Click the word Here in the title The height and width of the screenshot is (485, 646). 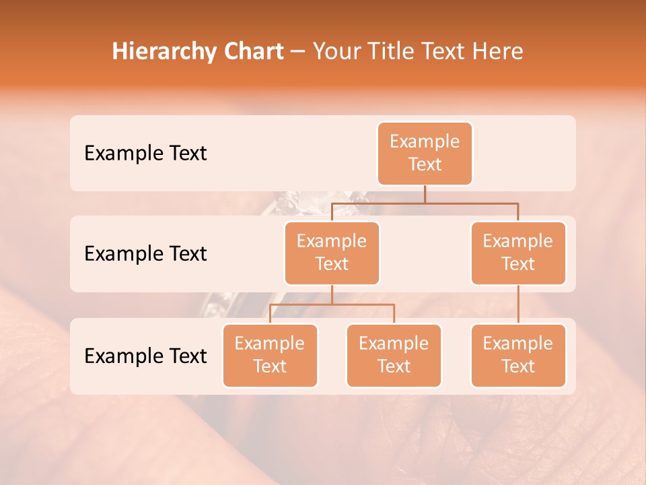point(497,51)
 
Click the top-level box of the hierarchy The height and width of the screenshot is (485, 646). point(425,153)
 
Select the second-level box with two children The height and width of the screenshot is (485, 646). point(332,253)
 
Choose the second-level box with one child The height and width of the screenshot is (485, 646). point(518,253)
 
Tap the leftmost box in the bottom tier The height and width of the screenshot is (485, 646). point(270,355)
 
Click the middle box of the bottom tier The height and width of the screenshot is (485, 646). point(394,355)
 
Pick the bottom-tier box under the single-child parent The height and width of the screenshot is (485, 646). point(518,355)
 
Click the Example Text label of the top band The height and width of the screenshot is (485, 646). point(145,154)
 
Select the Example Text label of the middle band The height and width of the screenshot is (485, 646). point(145,254)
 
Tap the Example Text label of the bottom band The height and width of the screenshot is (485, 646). point(145,356)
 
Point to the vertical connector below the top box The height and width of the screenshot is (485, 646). point(425,194)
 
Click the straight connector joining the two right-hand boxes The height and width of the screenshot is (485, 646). point(518,304)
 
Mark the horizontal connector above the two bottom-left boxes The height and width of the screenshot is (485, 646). point(332,304)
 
